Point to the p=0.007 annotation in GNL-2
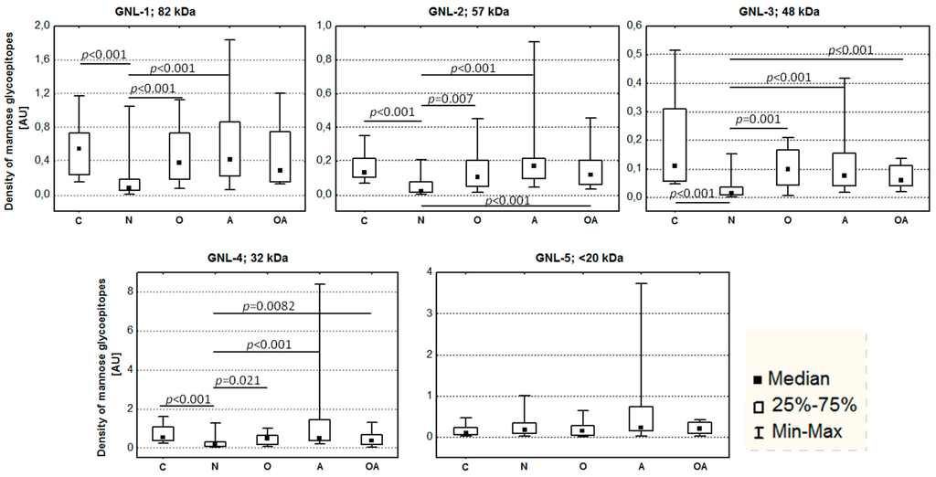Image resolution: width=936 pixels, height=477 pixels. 447,98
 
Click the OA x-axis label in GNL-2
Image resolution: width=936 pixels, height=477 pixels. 591,220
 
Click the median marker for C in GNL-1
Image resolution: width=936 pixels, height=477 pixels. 79,148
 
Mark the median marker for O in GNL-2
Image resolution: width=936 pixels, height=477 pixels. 478,176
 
